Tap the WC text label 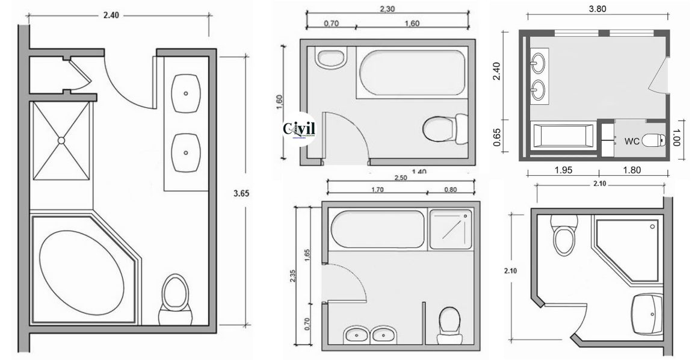pos(631,141)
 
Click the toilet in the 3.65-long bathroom pos(176,297)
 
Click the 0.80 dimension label pos(449,190)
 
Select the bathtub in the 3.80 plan pos(563,136)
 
